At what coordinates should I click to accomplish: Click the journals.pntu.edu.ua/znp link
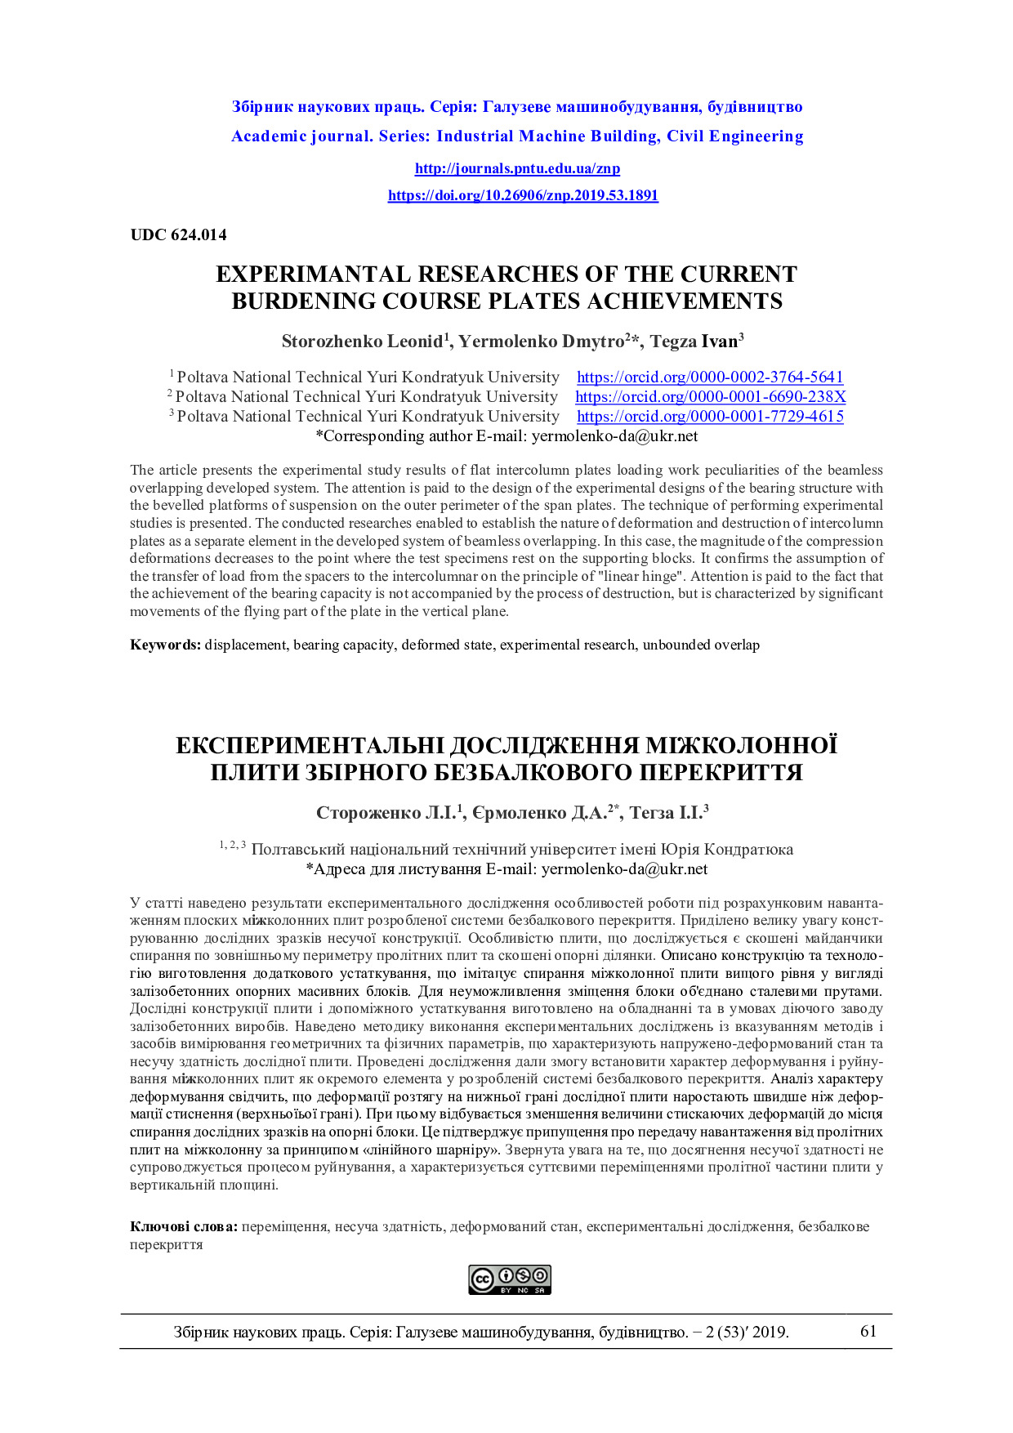[x=517, y=169]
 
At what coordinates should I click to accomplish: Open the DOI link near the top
[x=523, y=195]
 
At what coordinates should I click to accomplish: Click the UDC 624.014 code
[x=178, y=235]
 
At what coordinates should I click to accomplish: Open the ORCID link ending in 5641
[x=710, y=377]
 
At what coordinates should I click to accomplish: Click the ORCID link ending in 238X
[x=710, y=397]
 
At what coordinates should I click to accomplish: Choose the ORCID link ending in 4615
[x=710, y=417]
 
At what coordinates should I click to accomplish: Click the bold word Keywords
[x=165, y=645]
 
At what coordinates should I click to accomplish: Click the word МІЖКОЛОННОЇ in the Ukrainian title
[x=741, y=746]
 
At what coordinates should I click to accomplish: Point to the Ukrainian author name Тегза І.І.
[x=667, y=813]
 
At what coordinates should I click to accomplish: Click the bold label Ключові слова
[x=184, y=1227]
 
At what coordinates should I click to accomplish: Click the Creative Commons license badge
[x=510, y=1279]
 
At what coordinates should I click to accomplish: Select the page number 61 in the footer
[x=868, y=1332]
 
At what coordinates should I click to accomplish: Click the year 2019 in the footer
[x=770, y=1333]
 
